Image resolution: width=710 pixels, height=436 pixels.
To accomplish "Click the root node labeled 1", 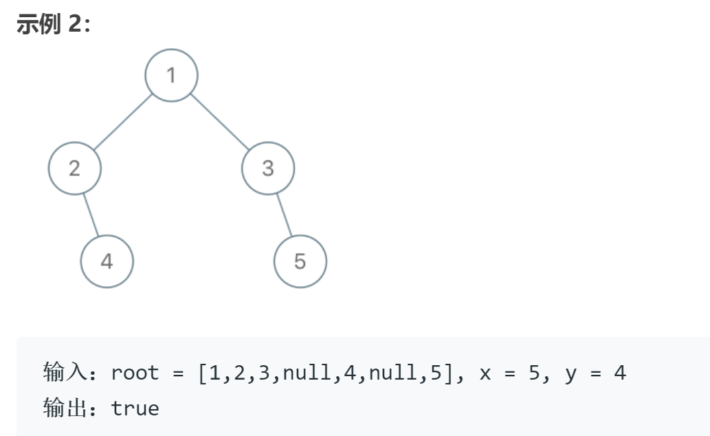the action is pos(171,75).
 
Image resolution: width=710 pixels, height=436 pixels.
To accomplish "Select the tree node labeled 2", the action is pos(75,168).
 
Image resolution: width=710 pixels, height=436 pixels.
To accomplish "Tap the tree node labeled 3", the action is pos(268,168).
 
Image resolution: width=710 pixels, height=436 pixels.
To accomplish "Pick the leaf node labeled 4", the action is pos(107,261).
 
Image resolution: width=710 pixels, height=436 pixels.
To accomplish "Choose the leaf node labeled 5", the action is pos(300,261).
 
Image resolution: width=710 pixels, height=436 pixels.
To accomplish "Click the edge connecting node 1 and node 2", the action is pos(123,122).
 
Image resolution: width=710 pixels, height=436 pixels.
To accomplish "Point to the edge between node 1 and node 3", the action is pos(219,122).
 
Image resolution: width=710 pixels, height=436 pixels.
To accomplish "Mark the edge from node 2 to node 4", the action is pos(91,215).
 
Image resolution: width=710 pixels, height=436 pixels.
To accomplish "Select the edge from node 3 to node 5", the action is pos(285,215).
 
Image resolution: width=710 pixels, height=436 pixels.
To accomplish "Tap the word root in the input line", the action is pos(135,373).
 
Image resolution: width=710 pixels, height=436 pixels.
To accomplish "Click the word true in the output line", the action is pos(135,408).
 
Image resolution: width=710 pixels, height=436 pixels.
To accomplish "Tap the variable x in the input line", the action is pos(486,373).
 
